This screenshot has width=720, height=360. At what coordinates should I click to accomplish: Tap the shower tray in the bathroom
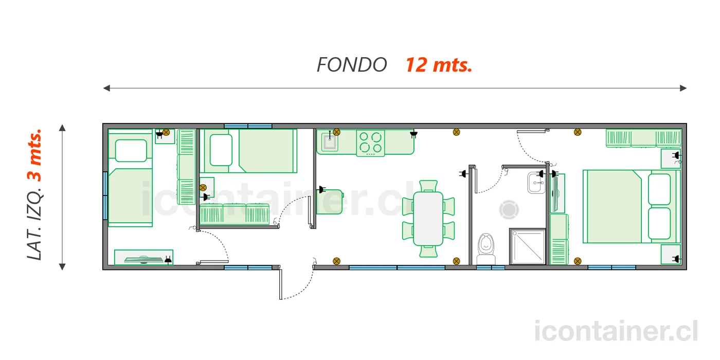[x=528, y=246]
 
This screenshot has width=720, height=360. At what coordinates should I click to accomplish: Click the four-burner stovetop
[x=370, y=143]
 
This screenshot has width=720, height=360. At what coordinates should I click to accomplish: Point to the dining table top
[x=428, y=219]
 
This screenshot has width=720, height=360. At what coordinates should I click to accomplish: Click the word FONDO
[x=352, y=65]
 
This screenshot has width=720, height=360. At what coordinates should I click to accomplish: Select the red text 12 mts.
[x=438, y=65]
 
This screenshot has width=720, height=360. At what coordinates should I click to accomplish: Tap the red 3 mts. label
[x=34, y=155]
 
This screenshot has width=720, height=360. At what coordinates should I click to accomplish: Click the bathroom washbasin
[x=536, y=183]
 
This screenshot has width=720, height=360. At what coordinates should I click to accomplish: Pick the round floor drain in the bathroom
[x=509, y=210]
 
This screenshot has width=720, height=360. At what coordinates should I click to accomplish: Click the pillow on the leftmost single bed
[x=131, y=151]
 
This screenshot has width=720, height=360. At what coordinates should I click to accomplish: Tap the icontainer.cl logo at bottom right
[x=616, y=331]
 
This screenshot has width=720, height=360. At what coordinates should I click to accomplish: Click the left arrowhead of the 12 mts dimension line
[x=106, y=88]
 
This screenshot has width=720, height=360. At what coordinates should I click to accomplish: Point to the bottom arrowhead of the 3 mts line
[x=62, y=267]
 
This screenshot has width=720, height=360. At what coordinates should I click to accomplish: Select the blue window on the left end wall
[x=105, y=196]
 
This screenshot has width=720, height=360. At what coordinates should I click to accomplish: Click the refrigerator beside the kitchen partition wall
[x=330, y=202]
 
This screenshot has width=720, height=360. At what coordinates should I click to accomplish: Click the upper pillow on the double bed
[x=659, y=189]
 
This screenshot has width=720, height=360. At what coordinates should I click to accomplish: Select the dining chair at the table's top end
[x=428, y=186]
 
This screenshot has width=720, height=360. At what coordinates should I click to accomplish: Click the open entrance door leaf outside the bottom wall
[x=281, y=284]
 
